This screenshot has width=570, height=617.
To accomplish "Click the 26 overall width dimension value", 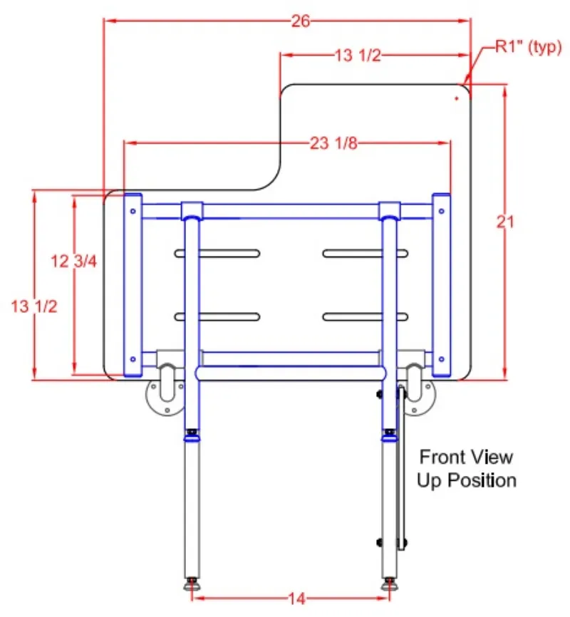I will click(x=301, y=21).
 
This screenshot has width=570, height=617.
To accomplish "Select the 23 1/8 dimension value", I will click(x=333, y=144).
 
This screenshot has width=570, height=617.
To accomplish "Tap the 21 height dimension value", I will click(x=505, y=222).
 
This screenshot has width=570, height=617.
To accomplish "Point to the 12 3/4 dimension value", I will click(x=73, y=261).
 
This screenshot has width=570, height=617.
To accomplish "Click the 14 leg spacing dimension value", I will click(x=297, y=598).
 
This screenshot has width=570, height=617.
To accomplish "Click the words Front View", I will click(x=465, y=457).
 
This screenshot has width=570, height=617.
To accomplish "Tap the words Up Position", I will click(x=467, y=480).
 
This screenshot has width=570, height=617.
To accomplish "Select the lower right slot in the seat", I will click(x=366, y=316).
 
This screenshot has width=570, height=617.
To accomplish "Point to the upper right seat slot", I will click(x=366, y=253).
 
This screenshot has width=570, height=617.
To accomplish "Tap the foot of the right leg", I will click(x=389, y=585).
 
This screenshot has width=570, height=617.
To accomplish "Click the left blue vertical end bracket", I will click(x=133, y=285).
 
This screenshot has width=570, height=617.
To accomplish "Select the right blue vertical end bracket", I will click(x=441, y=285).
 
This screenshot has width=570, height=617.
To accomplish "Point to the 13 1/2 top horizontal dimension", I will click(x=357, y=56).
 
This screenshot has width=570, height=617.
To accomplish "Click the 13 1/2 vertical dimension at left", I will click(x=34, y=306).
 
